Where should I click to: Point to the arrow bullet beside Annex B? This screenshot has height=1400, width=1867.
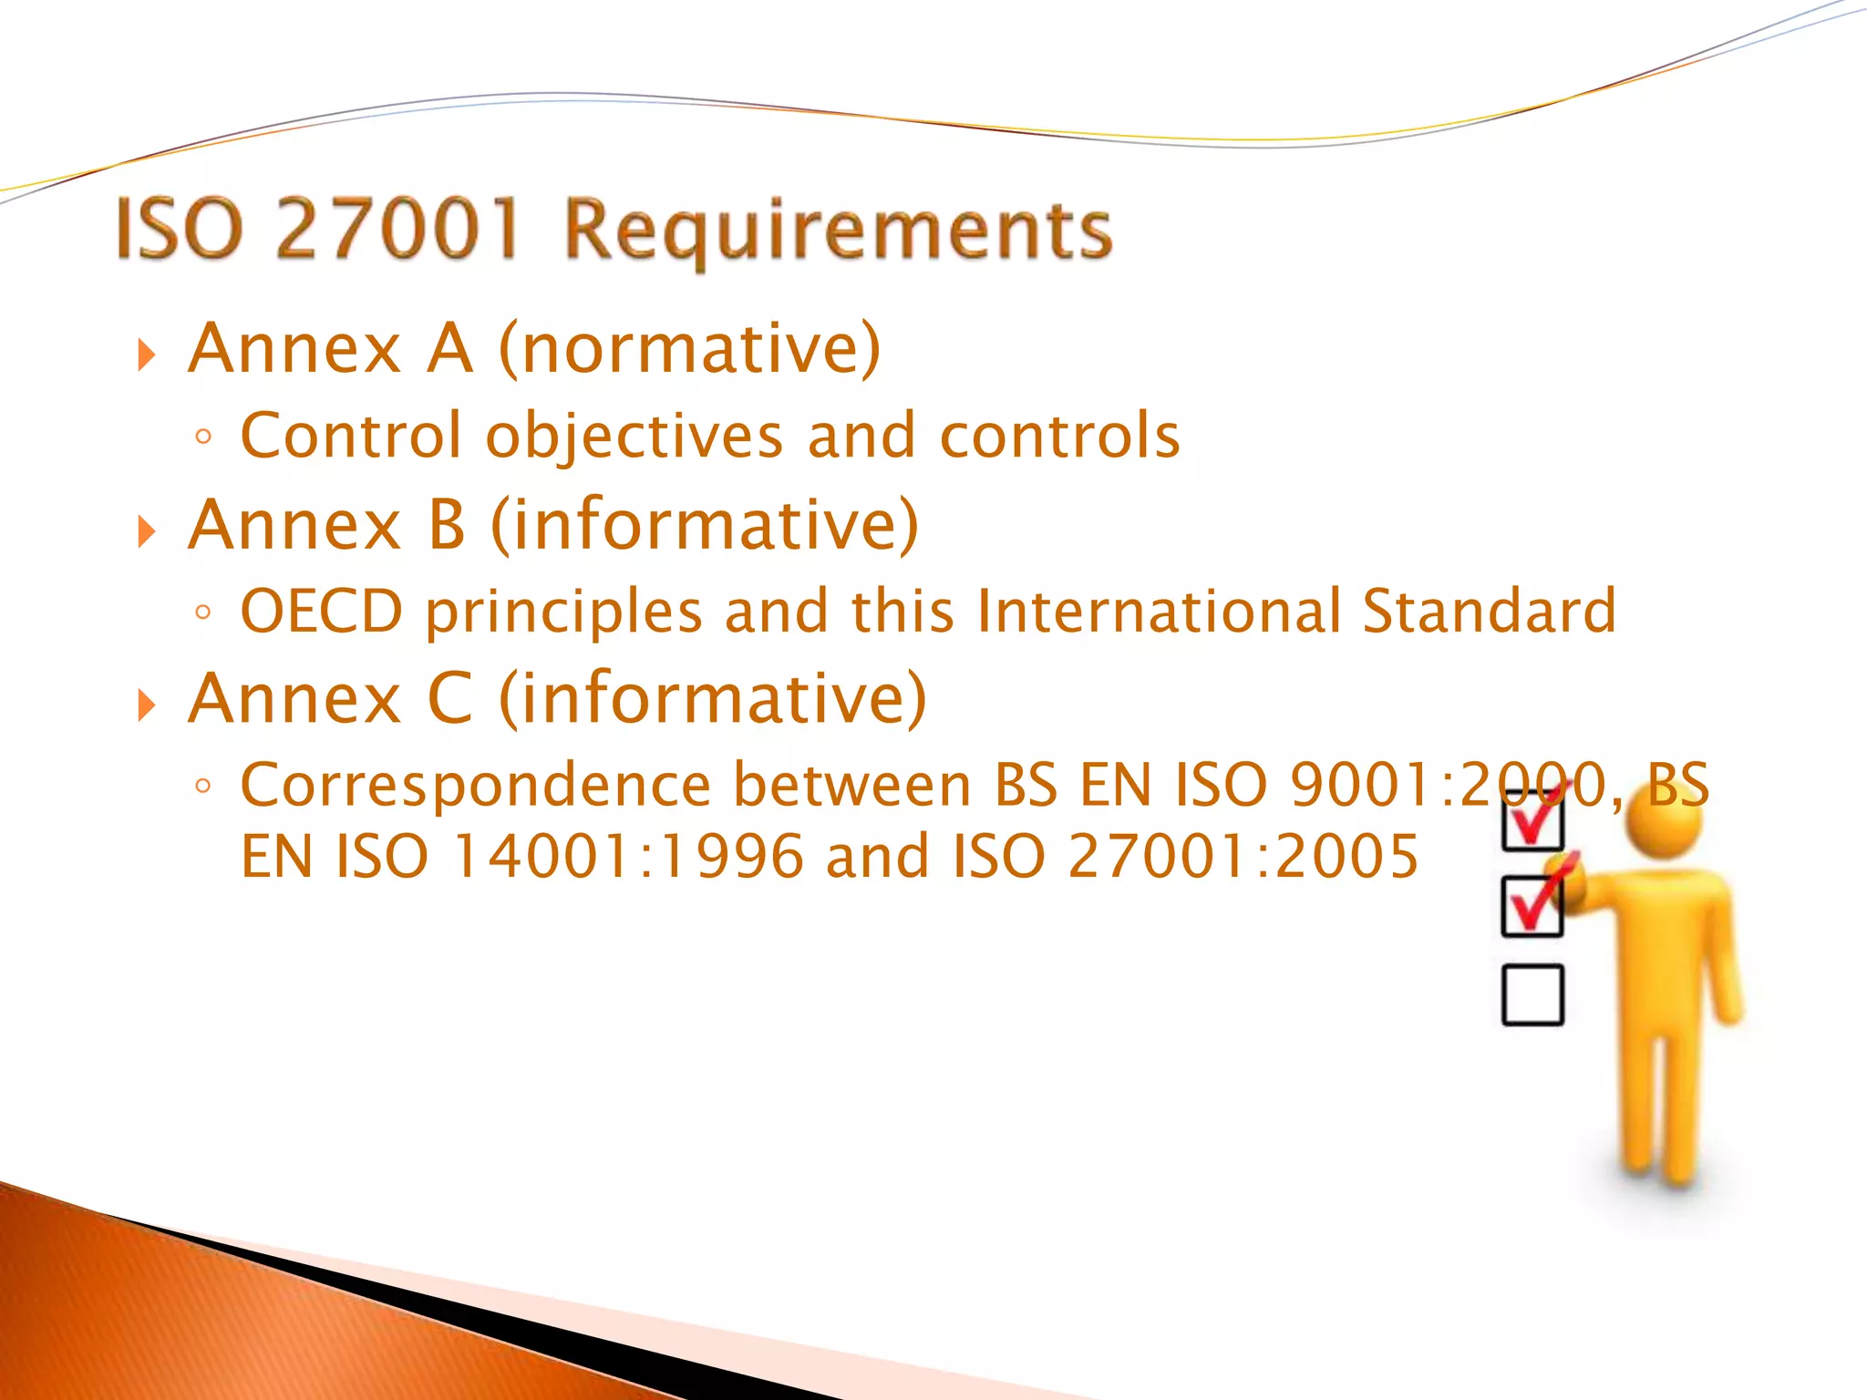tap(147, 530)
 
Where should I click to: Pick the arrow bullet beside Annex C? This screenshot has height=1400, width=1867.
tap(147, 705)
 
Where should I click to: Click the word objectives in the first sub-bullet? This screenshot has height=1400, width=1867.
tap(634, 436)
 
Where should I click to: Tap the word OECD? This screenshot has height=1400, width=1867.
tap(321, 611)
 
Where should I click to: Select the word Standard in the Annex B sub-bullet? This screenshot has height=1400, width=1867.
tap(1489, 611)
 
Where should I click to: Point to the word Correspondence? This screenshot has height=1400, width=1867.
tap(475, 786)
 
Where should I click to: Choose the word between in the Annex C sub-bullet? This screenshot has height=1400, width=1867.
tap(852, 786)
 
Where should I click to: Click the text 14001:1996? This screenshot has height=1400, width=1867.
tap(628, 857)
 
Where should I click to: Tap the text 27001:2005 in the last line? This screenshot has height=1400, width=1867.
tap(1243, 857)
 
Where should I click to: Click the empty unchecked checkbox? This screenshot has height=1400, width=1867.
tap(1532, 994)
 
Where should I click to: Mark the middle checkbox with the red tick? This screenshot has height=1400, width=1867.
tap(1532, 906)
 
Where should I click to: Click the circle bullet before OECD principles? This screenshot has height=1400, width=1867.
tap(203, 612)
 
